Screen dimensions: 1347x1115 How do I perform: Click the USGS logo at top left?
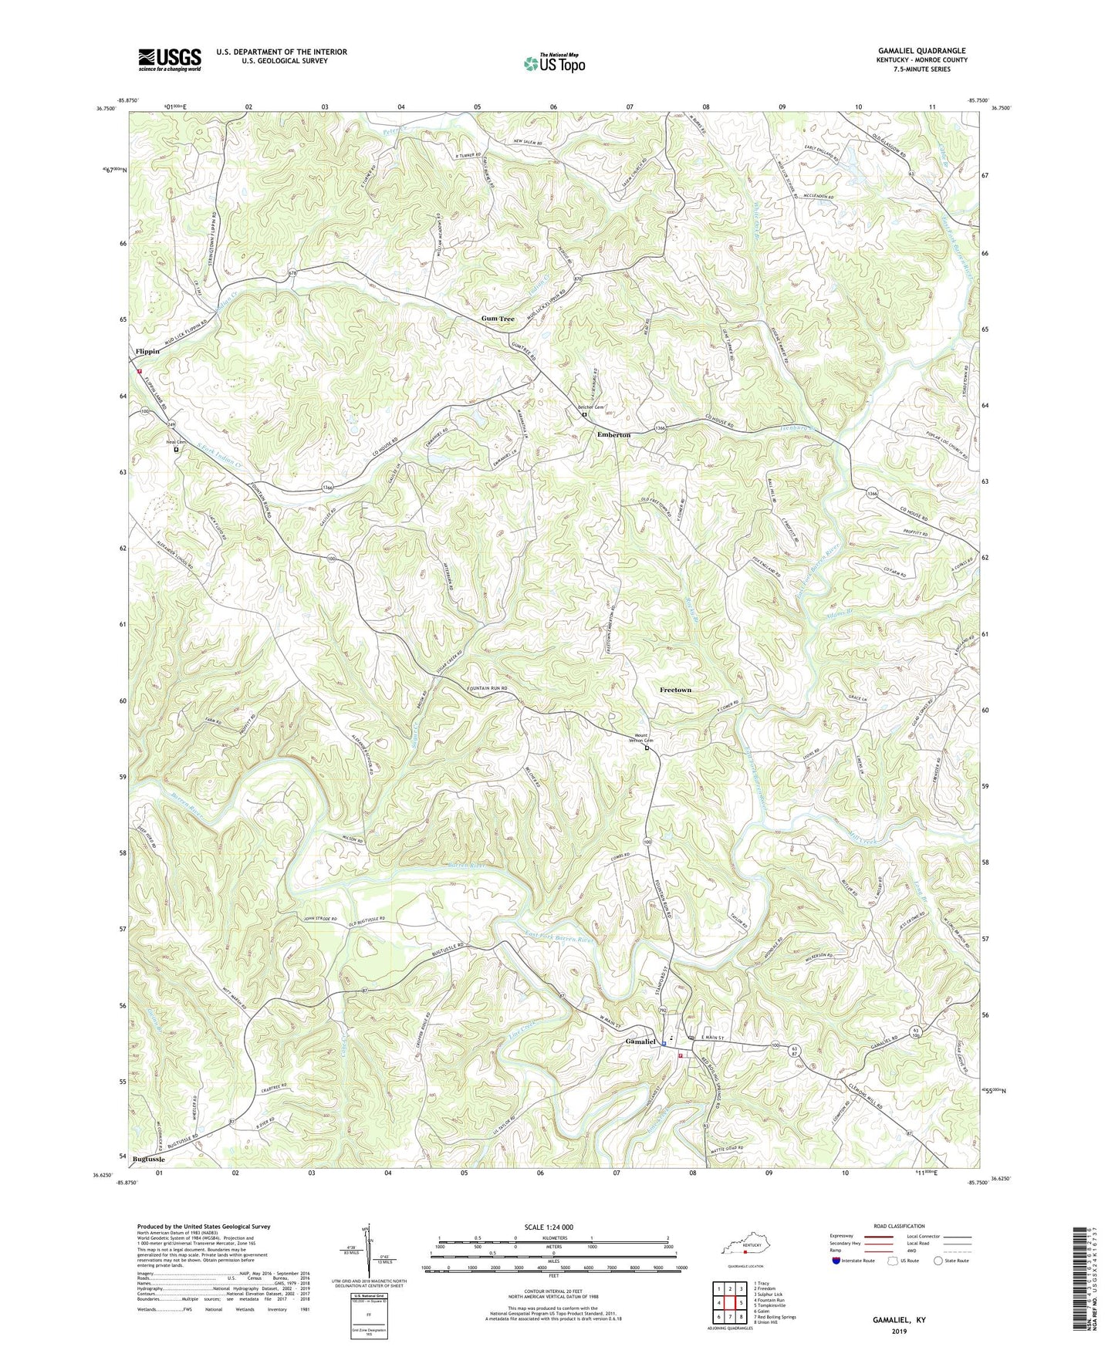(x=170, y=59)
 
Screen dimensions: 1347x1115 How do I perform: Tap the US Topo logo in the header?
(x=554, y=63)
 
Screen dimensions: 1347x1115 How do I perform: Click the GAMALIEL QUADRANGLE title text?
(x=921, y=51)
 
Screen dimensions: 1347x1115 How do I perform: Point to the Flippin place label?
(x=147, y=352)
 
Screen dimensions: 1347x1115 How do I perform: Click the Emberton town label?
(x=613, y=435)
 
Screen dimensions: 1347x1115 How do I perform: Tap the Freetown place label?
(x=676, y=690)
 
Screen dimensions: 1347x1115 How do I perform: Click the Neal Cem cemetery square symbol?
(x=176, y=450)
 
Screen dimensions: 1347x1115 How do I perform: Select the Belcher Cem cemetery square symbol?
(x=584, y=414)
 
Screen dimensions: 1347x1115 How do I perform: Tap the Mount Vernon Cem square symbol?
(x=647, y=748)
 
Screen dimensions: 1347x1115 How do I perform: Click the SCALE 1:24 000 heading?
(x=548, y=1227)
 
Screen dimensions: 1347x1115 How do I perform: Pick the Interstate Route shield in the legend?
(x=837, y=1261)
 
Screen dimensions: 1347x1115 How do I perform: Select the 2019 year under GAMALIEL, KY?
(x=899, y=1331)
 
